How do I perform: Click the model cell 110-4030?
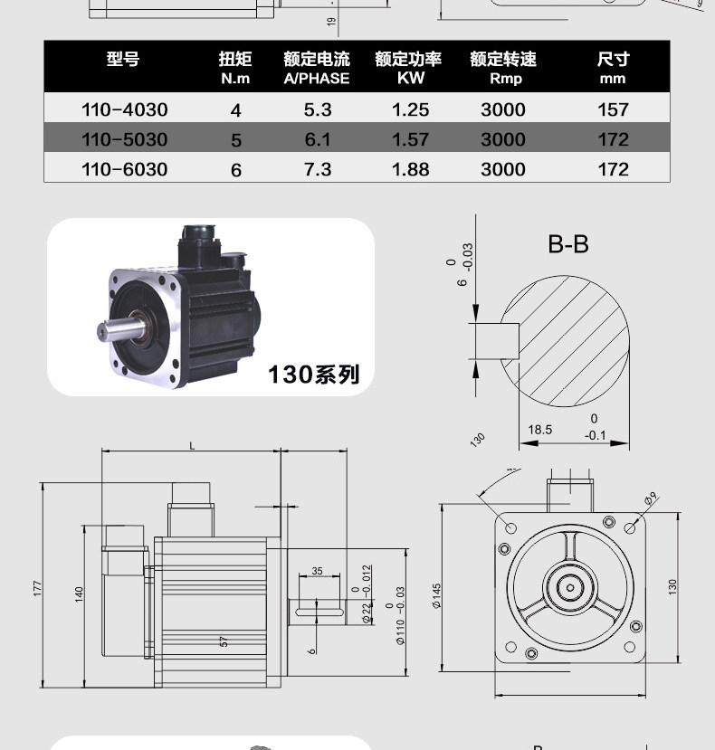click(124, 109)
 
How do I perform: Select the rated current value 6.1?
click(318, 139)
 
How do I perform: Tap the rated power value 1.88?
click(410, 169)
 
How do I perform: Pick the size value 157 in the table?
click(613, 109)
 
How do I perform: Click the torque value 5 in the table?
click(236, 140)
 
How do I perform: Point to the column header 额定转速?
click(503, 60)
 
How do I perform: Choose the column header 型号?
click(123, 60)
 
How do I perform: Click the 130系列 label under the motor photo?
click(313, 374)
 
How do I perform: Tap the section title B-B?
click(568, 243)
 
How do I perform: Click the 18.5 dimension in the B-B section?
click(540, 430)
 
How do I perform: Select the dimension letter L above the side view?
click(192, 445)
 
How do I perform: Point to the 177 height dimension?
click(38, 587)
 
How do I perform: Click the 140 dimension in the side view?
click(79, 594)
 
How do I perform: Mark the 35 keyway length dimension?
click(317, 571)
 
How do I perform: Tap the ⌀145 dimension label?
click(436, 596)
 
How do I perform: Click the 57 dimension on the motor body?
click(223, 641)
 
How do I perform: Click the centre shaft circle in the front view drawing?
click(570, 586)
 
